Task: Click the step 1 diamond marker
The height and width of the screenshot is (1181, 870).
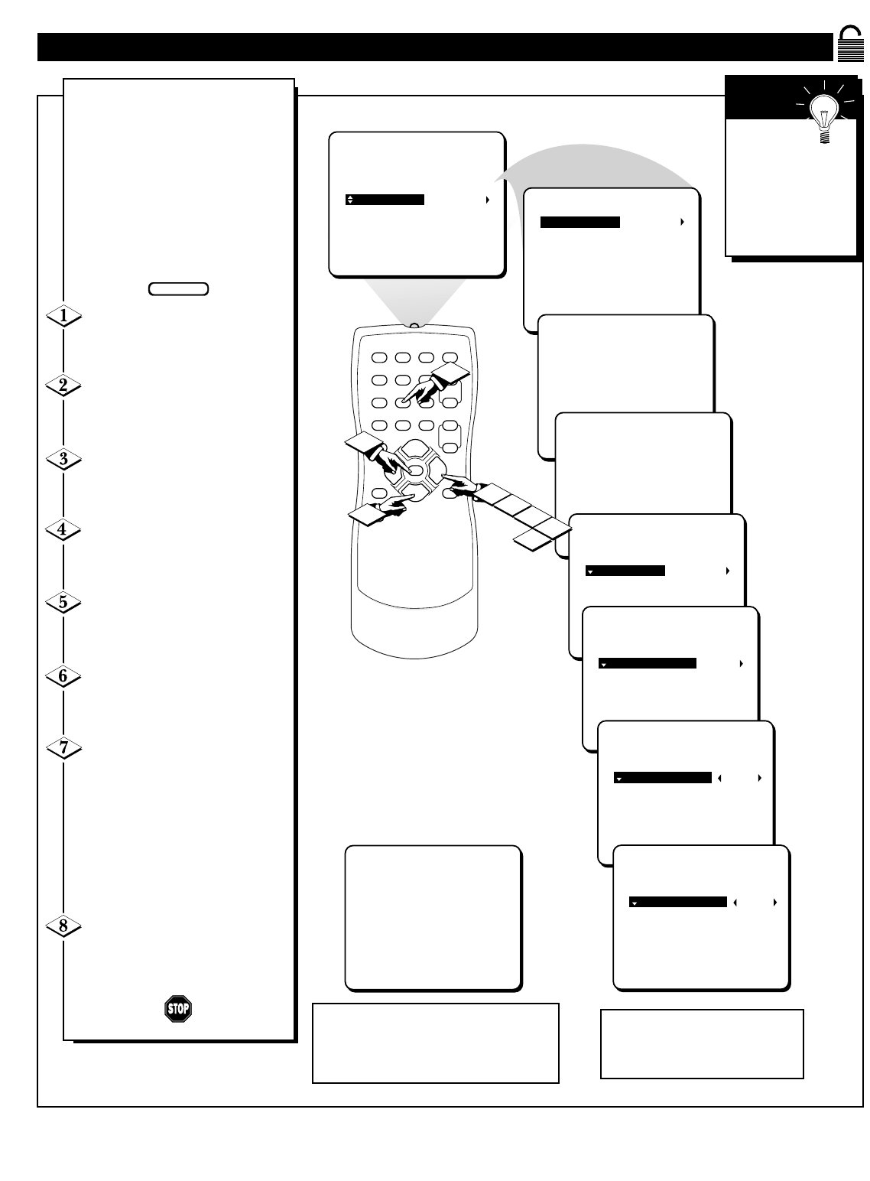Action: [63, 316]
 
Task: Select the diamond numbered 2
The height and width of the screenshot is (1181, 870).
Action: [63, 386]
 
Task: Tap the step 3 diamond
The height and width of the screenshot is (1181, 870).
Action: [63, 459]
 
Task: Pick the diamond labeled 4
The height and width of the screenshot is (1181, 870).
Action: [63, 529]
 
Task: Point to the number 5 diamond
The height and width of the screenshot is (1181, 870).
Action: [63, 602]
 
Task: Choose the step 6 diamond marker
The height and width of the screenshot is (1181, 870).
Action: [63, 676]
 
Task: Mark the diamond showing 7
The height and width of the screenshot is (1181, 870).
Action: [63, 747]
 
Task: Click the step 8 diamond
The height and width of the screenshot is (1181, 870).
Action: [63, 926]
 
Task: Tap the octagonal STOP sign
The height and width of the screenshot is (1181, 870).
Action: [178, 1009]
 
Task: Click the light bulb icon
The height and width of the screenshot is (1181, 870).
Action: [824, 113]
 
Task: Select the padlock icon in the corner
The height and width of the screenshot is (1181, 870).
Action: [850, 44]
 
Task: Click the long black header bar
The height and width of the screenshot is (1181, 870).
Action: [435, 47]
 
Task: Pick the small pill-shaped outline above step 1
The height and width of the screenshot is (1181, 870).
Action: [178, 289]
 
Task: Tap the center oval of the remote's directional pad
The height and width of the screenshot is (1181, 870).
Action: [416, 469]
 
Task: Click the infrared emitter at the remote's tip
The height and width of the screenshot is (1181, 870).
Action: [414, 326]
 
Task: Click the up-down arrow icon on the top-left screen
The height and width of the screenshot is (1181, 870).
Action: [350, 200]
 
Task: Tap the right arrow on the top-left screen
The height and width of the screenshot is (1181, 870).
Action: [488, 200]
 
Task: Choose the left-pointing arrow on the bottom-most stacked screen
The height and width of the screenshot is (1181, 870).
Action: [735, 902]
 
